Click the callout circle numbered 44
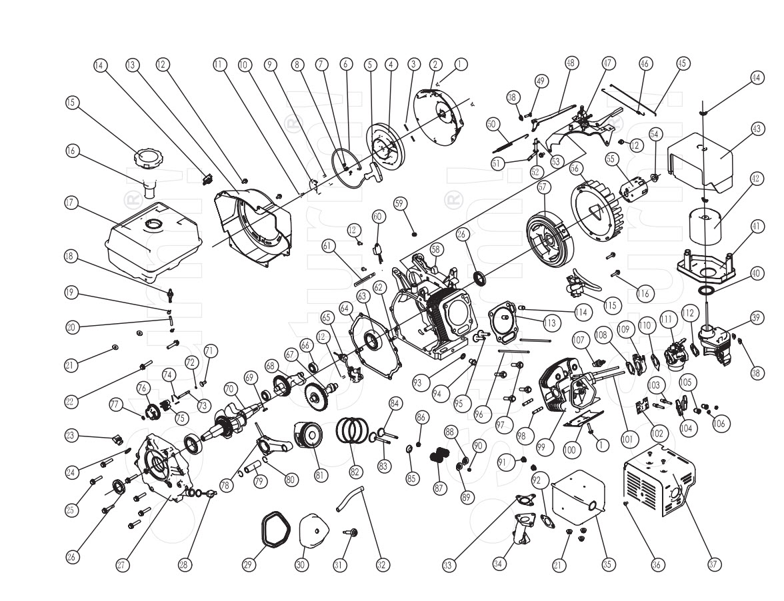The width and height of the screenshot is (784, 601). coord(755,77)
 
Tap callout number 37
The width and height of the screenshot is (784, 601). coord(714,564)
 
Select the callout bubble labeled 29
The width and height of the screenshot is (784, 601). coord(249,564)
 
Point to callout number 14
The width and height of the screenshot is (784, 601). coord(100,65)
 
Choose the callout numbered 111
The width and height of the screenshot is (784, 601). coord(665,320)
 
